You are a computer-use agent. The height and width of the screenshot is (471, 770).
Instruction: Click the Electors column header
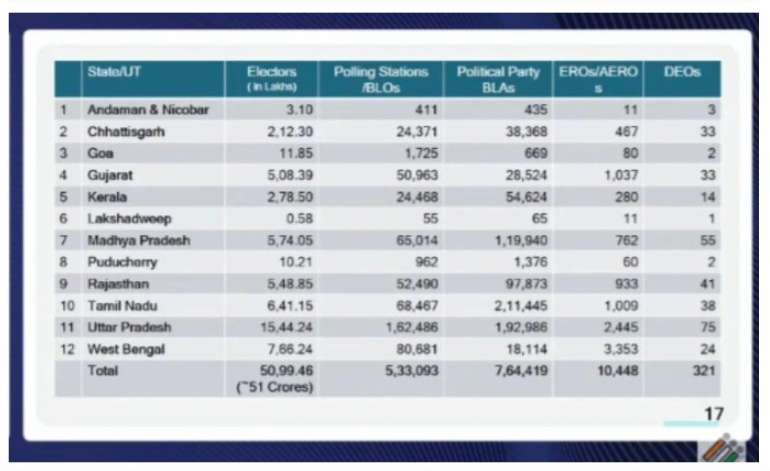pos(272,77)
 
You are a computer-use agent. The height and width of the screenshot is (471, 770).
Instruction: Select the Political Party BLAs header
pos(498,79)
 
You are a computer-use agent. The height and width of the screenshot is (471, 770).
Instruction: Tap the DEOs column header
pos(682,72)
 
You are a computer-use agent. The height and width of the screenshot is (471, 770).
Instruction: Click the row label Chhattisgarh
pos(126,132)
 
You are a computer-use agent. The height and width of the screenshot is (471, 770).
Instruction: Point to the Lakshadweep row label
pos(130,219)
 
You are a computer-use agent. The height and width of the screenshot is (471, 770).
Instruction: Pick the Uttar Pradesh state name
pos(130,327)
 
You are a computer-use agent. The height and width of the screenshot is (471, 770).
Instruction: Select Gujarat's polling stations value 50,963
pos(417,175)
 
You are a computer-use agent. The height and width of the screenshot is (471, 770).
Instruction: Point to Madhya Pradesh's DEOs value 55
pos(708,240)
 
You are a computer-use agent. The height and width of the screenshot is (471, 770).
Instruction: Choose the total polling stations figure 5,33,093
pos(411,370)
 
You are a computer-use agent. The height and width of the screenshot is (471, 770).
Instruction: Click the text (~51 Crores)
pos(275,387)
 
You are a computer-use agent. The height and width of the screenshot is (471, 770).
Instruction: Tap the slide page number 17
pos(713,413)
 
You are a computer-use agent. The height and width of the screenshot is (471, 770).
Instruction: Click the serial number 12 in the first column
pos(67,349)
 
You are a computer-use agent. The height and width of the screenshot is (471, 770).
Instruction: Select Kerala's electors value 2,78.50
pos(283,196)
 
